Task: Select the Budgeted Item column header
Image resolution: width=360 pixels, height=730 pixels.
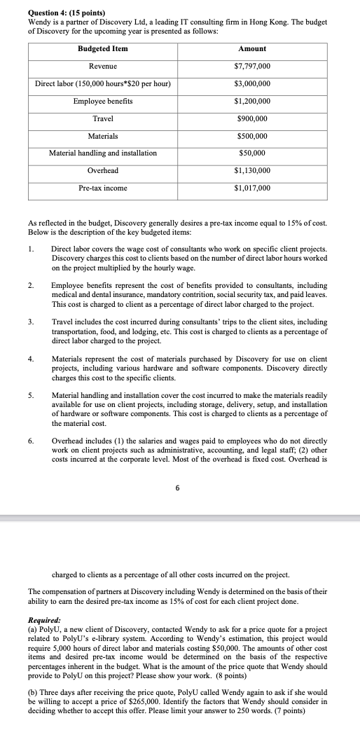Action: pyautogui.click(x=103, y=48)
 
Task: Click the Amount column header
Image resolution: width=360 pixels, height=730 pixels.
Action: pyautogui.click(x=252, y=48)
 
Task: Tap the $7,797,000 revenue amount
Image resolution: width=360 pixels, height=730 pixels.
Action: pyautogui.click(x=252, y=66)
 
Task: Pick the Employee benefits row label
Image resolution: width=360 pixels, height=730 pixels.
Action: pyautogui.click(x=103, y=101)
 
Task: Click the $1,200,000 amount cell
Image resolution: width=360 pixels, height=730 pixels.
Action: pyautogui.click(x=252, y=101)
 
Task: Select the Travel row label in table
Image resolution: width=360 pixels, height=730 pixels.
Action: pyautogui.click(x=103, y=118)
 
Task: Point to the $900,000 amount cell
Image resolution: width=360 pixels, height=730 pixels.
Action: pyautogui.click(x=252, y=118)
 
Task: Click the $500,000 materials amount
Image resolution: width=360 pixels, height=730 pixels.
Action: pyautogui.click(x=252, y=136)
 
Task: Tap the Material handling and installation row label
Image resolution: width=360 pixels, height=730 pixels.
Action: pyautogui.click(x=103, y=153)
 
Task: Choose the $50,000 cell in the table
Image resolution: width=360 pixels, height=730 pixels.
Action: pyautogui.click(x=252, y=153)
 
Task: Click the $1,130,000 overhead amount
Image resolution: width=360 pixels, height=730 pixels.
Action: pyautogui.click(x=252, y=170)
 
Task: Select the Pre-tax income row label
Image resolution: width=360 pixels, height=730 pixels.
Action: pyautogui.click(x=103, y=188)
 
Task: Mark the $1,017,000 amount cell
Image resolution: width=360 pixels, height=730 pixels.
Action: pyautogui.click(x=252, y=188)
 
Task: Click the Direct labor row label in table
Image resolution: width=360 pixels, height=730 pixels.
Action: pyautogui.click(x=103, y=83)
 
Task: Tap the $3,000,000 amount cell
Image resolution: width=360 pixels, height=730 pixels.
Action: pyautogui.click(x=252, y=83)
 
